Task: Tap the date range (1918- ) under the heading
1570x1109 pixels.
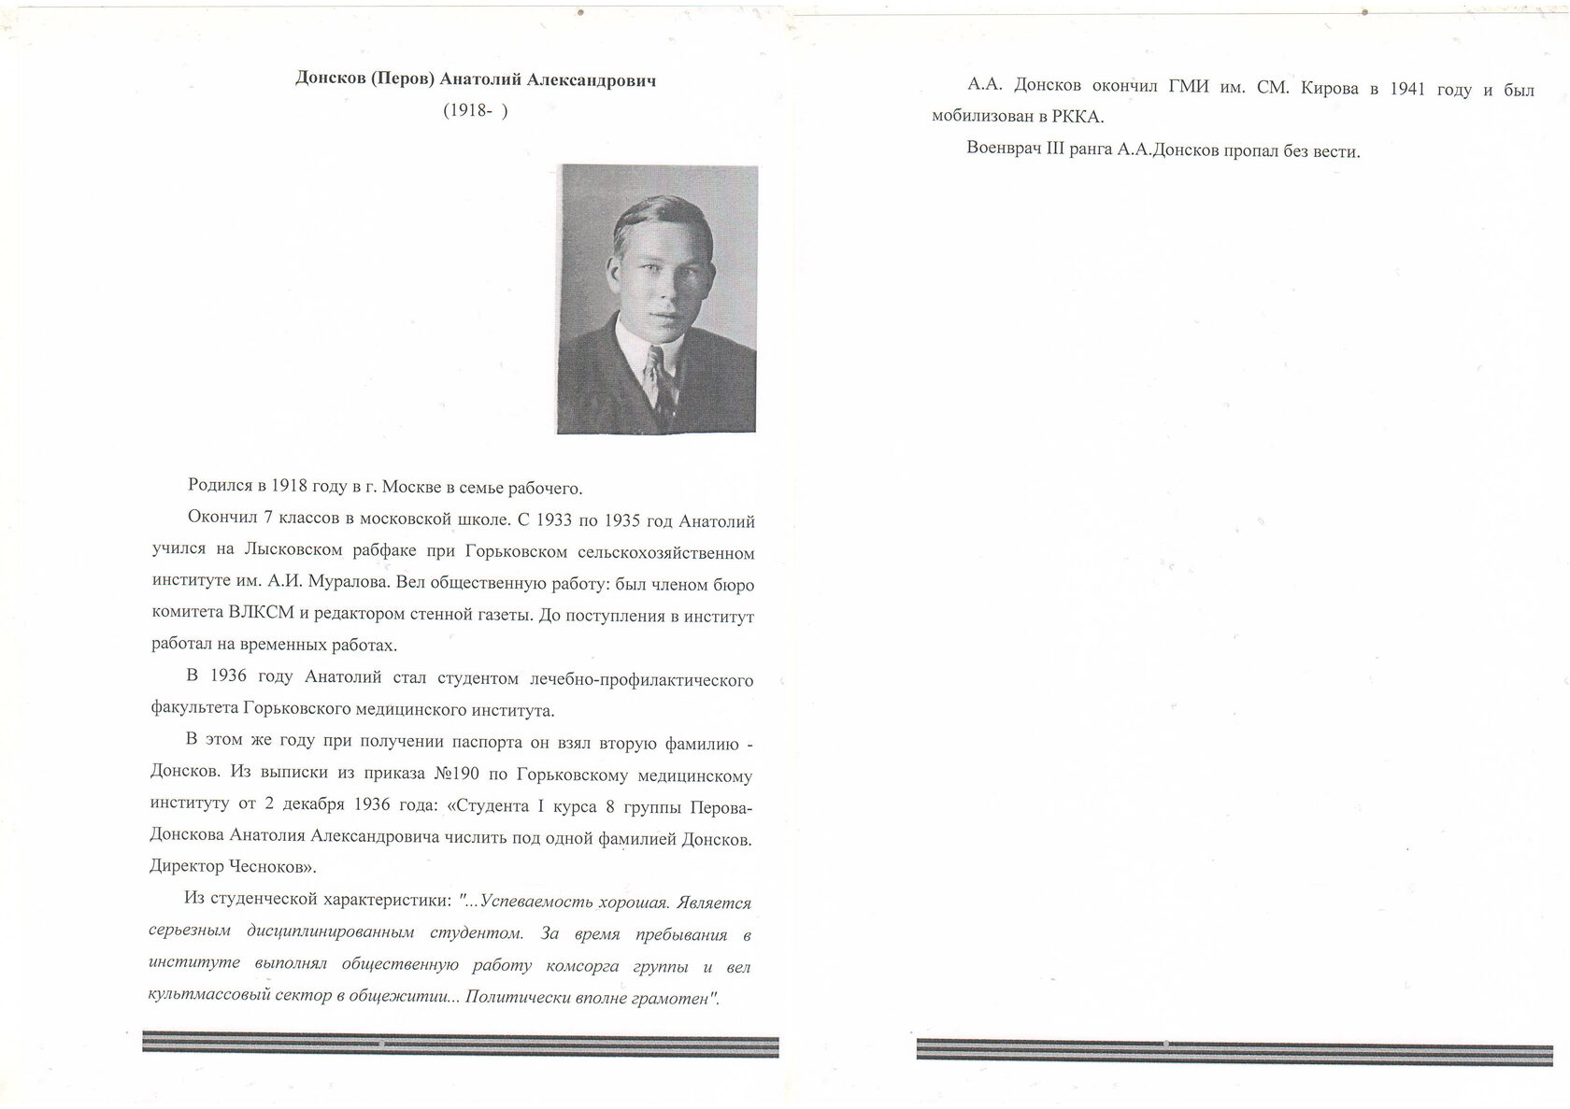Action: point(476,110)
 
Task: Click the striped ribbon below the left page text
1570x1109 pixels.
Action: point(460,1044)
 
